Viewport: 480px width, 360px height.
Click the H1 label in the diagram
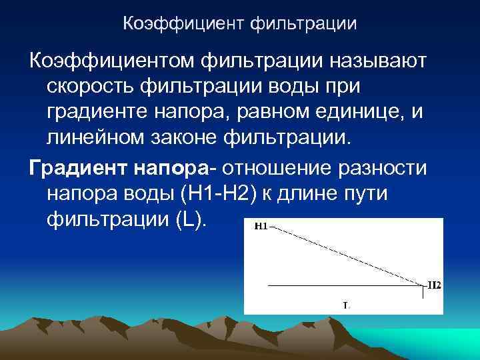tap(261, 227)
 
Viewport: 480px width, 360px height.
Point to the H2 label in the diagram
tap(433, 285)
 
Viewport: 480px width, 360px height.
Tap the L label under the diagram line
tap(345, 306)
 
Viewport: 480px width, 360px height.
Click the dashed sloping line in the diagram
tap(347, 255)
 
